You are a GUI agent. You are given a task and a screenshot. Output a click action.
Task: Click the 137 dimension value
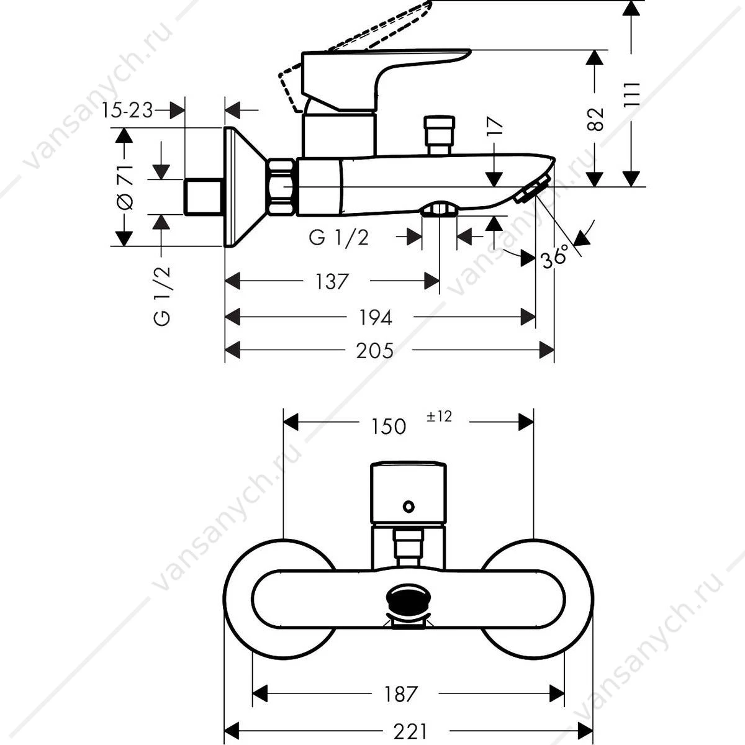tap(332, 281)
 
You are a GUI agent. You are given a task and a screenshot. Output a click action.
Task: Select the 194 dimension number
tap(376, 318)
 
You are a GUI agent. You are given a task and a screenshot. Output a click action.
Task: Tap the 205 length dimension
tap(374, 351)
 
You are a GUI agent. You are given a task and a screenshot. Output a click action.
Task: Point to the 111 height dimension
tap(632, 95)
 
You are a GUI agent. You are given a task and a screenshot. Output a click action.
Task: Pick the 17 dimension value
tap(495, 125)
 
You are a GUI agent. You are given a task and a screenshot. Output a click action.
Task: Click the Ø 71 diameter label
tap(125, 187)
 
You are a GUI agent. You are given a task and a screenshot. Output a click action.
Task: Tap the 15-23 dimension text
tap(128, 111)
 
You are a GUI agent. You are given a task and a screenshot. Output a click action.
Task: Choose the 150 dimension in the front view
tap(389, 427)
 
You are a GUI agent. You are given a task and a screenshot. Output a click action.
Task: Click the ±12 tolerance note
tap(439, 417)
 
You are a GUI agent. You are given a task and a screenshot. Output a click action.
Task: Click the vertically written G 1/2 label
tap(162, 296)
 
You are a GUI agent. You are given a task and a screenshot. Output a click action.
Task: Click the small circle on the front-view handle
tap(409, 506)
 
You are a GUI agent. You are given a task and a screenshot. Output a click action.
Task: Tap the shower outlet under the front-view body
tap(408, 608)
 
